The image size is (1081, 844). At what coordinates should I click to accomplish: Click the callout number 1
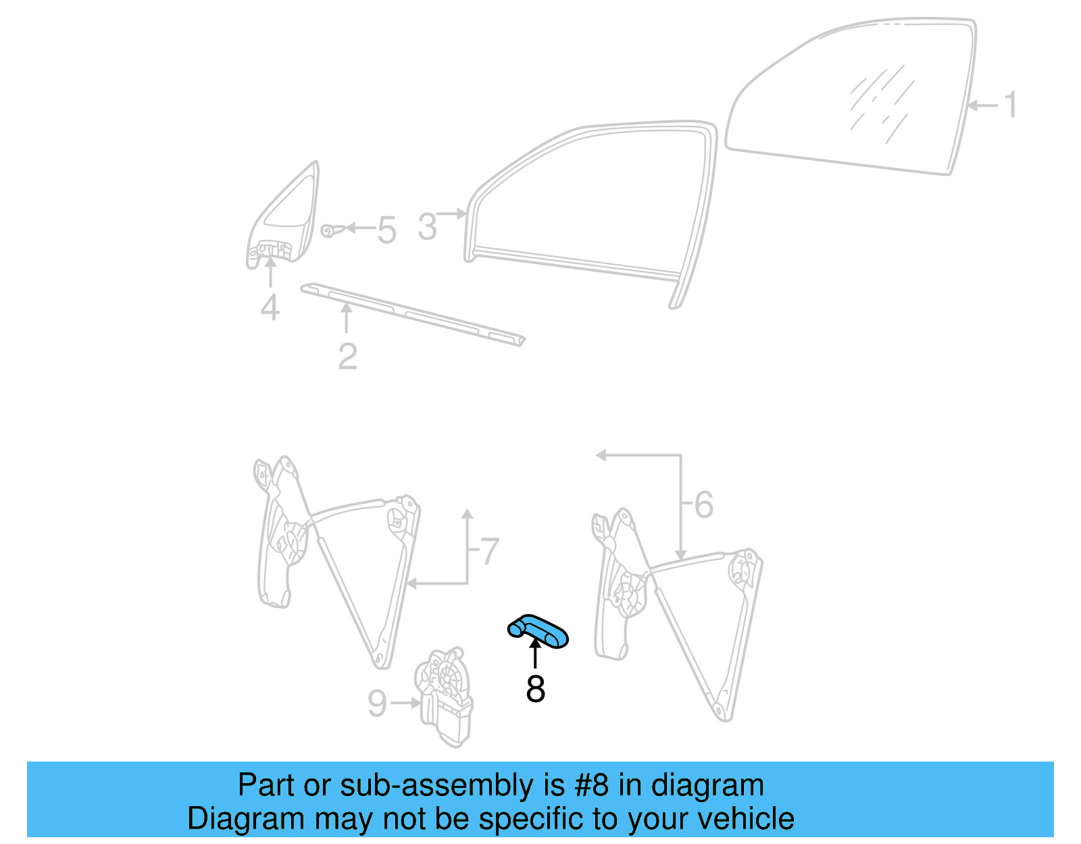[x=1010, y=105]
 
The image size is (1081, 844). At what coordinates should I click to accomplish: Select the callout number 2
[x=347, y=356]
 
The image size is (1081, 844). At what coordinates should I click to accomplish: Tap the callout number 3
[x=427, y=227]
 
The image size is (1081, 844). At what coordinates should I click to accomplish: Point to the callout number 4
[x=270, y=307]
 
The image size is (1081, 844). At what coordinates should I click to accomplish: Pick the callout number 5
[x=386, y=230]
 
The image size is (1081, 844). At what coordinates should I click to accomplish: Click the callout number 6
[x=703, y=505]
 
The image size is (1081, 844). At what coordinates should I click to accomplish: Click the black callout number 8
[x=535, y=689]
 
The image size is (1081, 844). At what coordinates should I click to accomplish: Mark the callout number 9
[x=377, y=703]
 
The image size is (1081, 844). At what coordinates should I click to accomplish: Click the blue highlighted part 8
[x=538, y=631]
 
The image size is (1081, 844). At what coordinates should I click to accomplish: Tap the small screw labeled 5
[x=328, y=230]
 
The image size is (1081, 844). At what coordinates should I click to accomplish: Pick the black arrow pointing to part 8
[x=535, y=653]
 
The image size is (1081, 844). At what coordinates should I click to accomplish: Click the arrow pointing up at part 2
[x=347, y=318]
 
